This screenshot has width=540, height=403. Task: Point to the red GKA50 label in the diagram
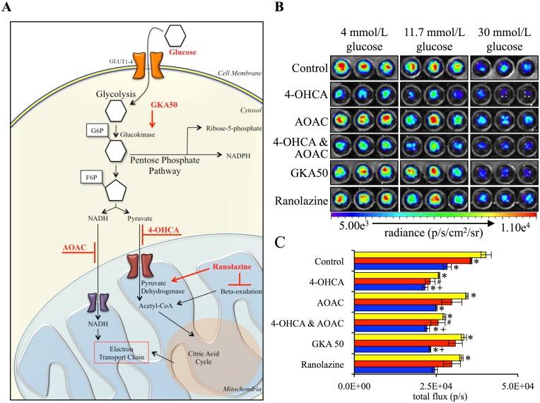(x=165, y=105)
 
